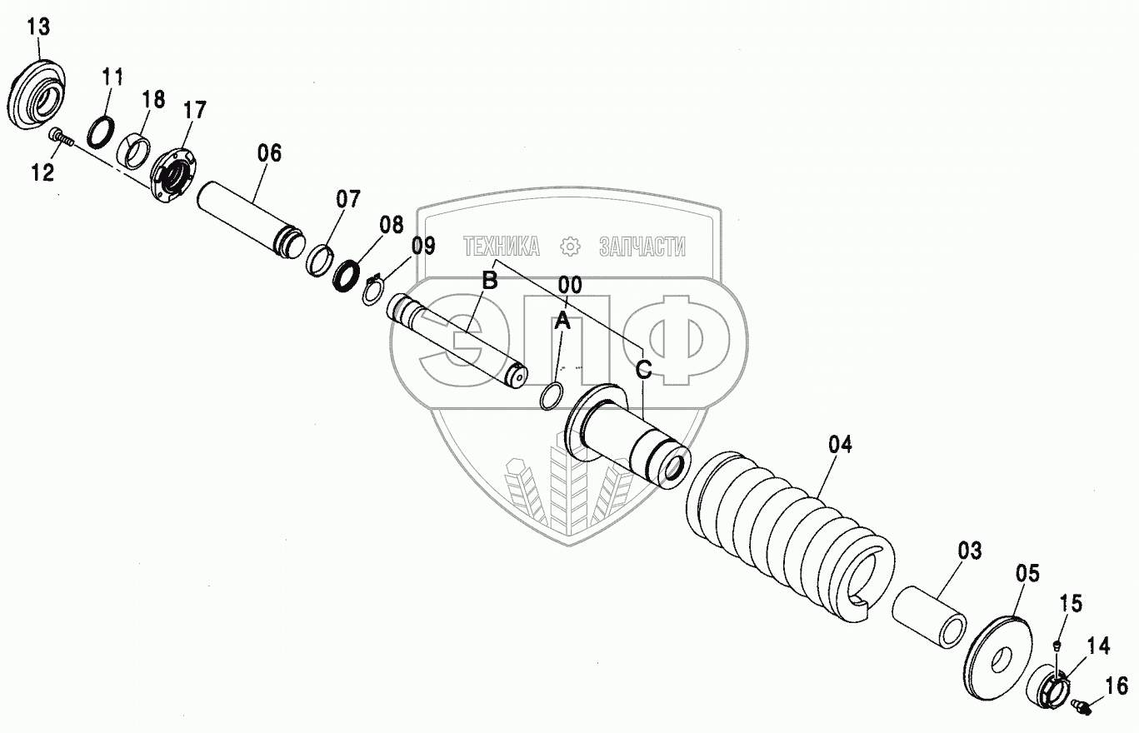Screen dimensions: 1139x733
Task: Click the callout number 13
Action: [x=38, y=27]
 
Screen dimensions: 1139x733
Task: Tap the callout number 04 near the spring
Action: [x=841, y=444]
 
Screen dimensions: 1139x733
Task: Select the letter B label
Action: [x=490, y=281]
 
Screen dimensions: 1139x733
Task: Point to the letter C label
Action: [x=643, y=370]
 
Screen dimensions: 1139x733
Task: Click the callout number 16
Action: [x=1117, y=686]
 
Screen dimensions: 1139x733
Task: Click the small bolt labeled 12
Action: [x=59, y=137]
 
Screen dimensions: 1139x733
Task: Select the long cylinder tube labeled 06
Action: [x=250, y=221]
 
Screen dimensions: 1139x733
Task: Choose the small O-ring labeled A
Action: [x=549, y=396]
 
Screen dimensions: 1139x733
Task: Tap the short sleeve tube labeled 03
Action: [x=929, y=616]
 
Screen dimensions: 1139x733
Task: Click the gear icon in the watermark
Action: [x=570, y=246]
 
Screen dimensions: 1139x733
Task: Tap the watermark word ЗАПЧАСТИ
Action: [x=642, y=246]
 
